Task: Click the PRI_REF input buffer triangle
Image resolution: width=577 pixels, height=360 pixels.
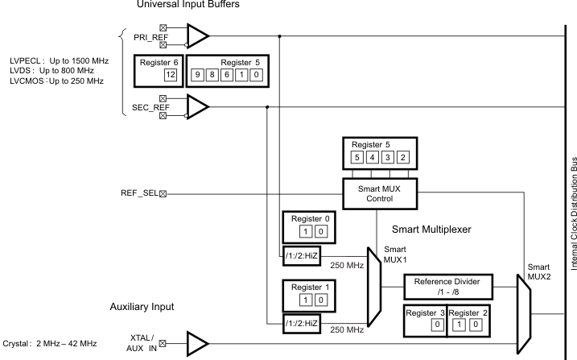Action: pyautogui.click(x=197, y=35)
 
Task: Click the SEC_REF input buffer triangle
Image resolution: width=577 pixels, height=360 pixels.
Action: pyautogui.click(x=197, y=105)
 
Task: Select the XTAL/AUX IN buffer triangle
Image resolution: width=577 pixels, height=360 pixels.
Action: pyautogui.click(x=197, y=342)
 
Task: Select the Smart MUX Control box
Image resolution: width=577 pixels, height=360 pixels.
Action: pyautogui.click(x=369, y=193)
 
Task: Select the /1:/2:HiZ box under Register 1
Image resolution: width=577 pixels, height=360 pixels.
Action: pyautogui.click(x=302, y=322)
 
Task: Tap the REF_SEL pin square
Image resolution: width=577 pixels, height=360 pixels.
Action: pyautogui.click(x=163, y=193)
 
